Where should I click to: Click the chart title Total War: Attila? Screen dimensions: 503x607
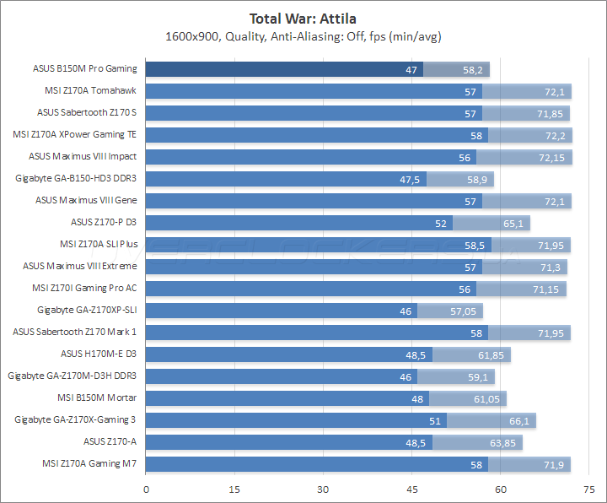303,18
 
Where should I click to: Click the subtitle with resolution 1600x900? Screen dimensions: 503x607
303,36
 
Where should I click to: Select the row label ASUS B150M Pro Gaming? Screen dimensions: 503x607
84,69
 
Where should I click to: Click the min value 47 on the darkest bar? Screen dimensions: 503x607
411,69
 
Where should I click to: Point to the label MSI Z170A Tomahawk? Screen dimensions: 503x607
90,90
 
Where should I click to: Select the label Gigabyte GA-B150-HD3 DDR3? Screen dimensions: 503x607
76,178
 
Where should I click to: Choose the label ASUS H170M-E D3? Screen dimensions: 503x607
99,354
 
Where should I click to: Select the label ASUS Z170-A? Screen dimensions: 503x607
110,441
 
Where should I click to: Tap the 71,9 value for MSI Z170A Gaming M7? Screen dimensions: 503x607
554,463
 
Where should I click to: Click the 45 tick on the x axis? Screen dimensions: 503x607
412,489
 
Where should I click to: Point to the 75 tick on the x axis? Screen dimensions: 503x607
588,489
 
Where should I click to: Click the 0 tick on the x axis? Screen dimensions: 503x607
147,489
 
